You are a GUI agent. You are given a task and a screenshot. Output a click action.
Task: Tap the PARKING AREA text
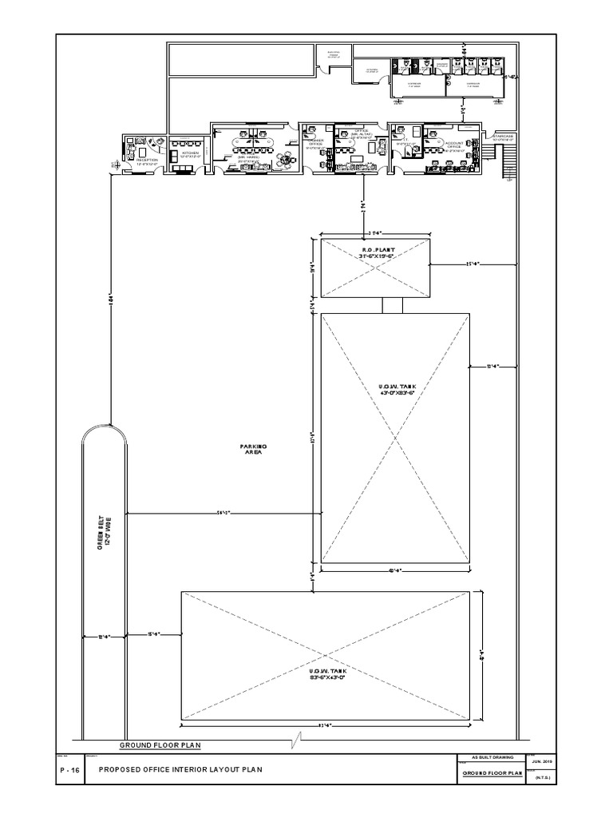pos(253,449)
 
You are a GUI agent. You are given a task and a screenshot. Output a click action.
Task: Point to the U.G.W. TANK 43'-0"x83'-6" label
pos(397,390)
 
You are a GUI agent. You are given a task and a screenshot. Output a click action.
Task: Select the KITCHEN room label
pos(190,154)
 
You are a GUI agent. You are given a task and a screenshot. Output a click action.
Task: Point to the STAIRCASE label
pos(503,137)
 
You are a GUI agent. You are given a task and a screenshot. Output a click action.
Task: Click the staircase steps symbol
pos(504,164)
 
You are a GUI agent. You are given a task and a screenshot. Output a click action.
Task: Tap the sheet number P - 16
pos(69,769)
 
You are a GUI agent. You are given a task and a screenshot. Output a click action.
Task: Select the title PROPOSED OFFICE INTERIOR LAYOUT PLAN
pos(180,769)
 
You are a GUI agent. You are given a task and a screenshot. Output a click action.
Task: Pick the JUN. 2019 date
pos(541,761)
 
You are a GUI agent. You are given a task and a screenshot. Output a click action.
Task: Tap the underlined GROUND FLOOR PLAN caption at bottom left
pos(160,745)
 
